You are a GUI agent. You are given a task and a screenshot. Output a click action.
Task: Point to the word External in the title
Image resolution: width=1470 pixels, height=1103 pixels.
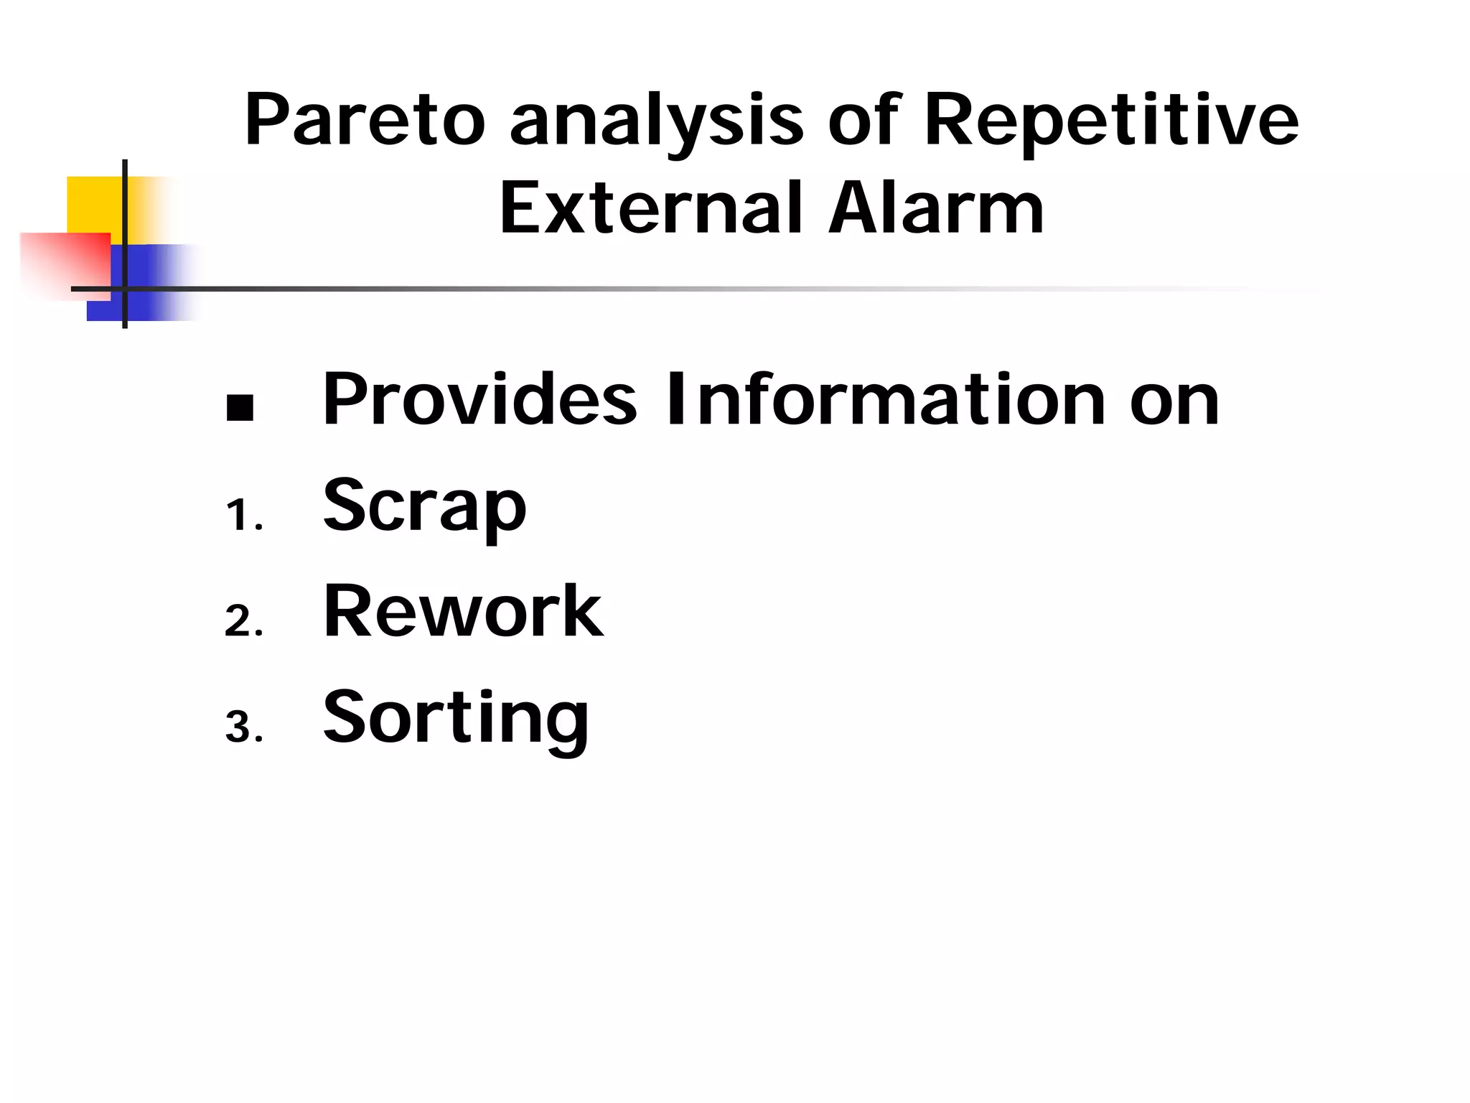coord(650,208)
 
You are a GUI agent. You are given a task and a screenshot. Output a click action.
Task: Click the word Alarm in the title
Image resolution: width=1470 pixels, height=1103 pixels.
coord(936,208)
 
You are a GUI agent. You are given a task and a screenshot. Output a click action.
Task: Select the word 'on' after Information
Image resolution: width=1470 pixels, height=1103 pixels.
coord(1174,401)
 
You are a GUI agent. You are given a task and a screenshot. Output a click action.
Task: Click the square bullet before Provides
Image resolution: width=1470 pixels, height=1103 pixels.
coord(240,407)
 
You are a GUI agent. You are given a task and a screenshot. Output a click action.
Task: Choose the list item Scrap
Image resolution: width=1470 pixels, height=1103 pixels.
coord(425,506)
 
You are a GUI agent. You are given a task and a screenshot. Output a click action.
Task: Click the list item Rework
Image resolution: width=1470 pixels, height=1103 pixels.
coord(463,611)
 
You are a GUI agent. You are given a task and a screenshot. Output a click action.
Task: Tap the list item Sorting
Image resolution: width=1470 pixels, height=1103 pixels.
coord(456,718)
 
